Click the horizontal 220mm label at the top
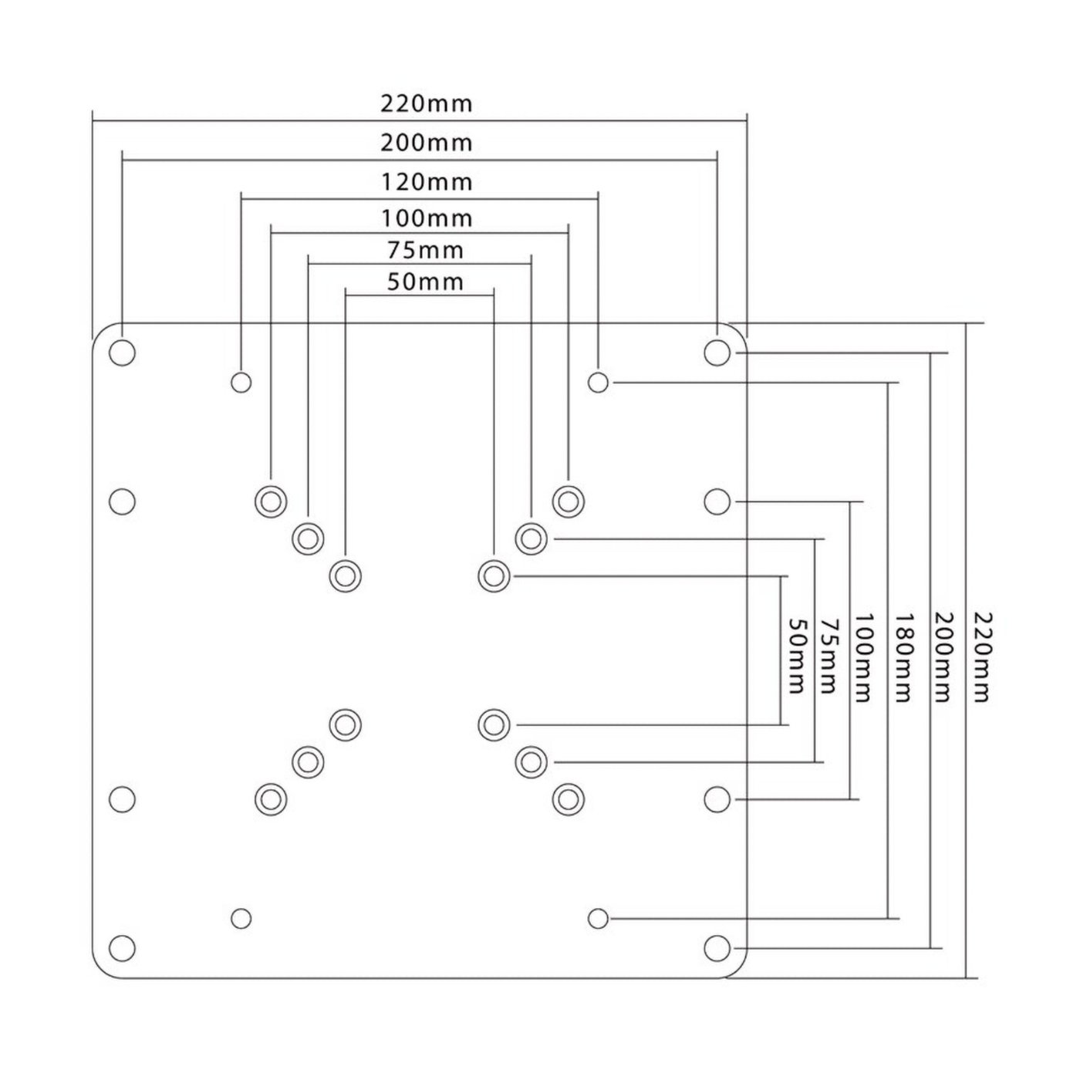click(426, 103)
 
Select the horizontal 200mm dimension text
click(426, 143)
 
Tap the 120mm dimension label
click(427, 182)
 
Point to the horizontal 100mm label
click(427, 218)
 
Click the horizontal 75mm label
click(426, 251)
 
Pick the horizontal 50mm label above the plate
click(425, 282)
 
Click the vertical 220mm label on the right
click(980, 657)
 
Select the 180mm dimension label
click(903, 657)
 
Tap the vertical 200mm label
click(943, 657)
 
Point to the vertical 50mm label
click(796, 656)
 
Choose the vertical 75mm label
click(829, 656)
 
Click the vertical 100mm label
click(864, 657)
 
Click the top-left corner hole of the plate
click(123, 353)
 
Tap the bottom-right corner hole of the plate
click(717, 947)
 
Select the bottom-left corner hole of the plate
click(123, 947)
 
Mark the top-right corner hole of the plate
click(717, 353)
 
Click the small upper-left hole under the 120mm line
click(241, 381)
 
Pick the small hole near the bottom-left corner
click(241, 918)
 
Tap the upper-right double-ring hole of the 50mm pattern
click(494, 575)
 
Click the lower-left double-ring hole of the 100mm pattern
click(271, 799)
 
